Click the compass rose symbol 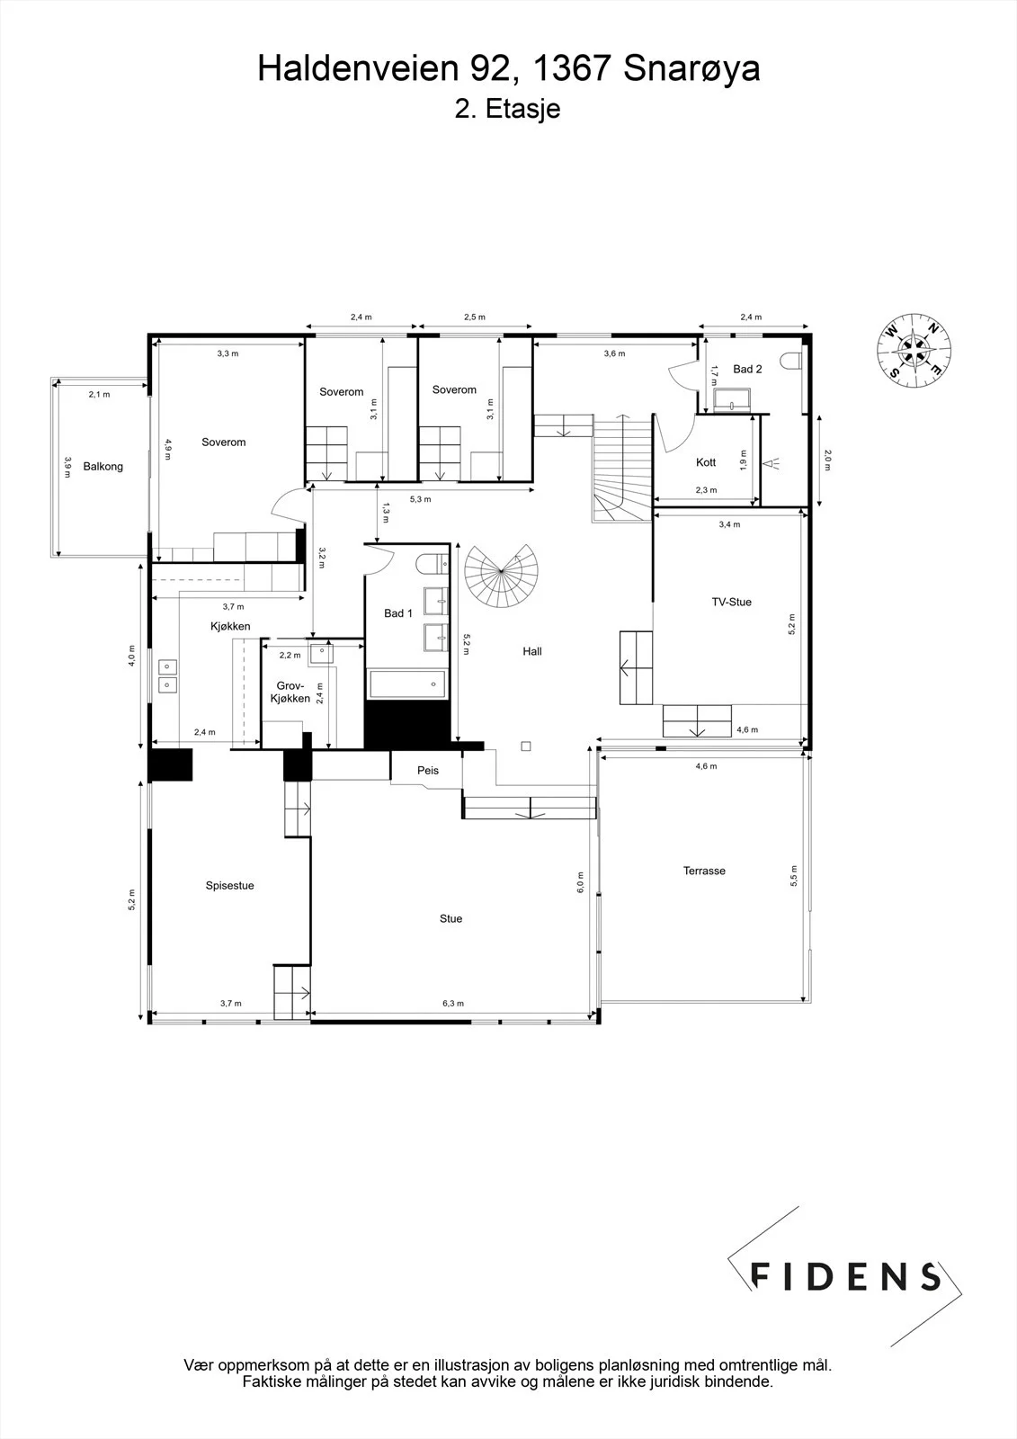point(914,350)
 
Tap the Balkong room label point(103,467)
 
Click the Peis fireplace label point(428,770)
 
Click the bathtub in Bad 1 point(406,684)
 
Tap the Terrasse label point(704,871)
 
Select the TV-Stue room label point(731,602)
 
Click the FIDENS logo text point(845,1276)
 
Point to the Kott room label point(705,462)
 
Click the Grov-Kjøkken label point(290,693)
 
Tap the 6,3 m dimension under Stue point(453,1004)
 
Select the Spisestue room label point(229,885)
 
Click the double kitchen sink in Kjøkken point(167,676)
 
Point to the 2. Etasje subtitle point(507,109)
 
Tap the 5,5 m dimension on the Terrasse point(793,876)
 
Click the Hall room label point(532,651)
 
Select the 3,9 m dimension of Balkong point(67,467)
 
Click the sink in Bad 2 point(732,399)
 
